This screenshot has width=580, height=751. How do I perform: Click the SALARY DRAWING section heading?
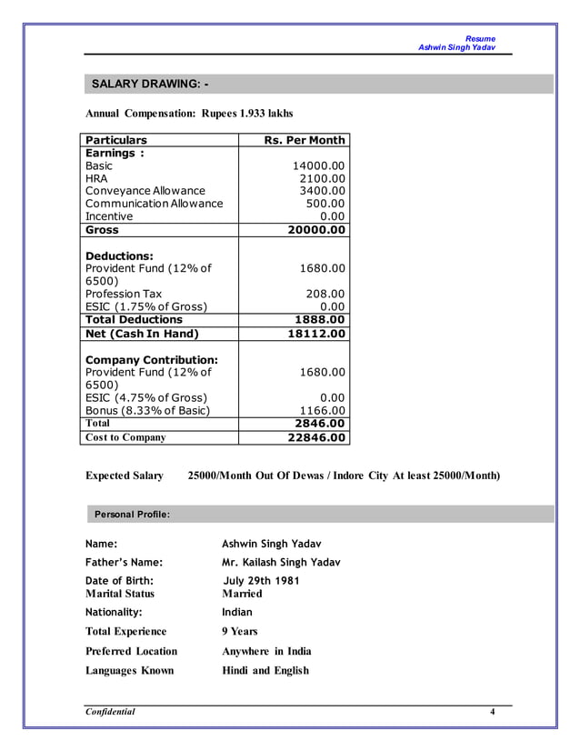(149, 85)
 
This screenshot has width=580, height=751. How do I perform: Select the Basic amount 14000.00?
(318, 166)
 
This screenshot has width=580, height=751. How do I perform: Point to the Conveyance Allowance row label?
(145, 191)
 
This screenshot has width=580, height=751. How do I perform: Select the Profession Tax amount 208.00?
(325, 294)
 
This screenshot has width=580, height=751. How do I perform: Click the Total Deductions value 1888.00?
(320, 320)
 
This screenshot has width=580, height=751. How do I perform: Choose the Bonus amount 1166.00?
(322, 410)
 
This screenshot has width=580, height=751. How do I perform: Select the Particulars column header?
(116, 140)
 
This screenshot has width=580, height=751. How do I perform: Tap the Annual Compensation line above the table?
(189, 114)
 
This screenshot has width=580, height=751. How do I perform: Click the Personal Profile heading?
(132, 515)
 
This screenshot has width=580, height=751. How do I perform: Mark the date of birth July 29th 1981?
(261, 581)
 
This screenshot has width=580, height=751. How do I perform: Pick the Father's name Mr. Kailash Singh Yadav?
(281, 562)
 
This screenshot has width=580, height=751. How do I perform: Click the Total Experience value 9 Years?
(240, 631)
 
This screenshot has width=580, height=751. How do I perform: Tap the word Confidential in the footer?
(110, 712)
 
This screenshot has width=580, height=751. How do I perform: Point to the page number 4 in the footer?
(492, 712)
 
